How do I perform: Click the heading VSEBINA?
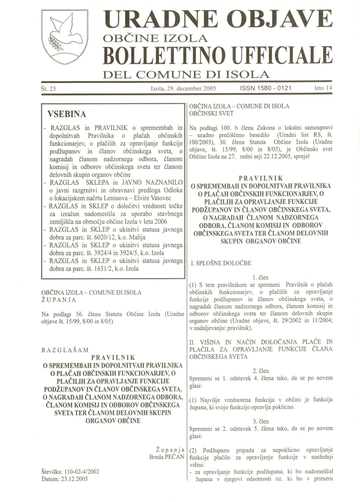tap(67, 113)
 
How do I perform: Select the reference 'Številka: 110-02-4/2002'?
tap(70, 471)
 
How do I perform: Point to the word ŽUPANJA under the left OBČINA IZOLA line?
tap(56, 299)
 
